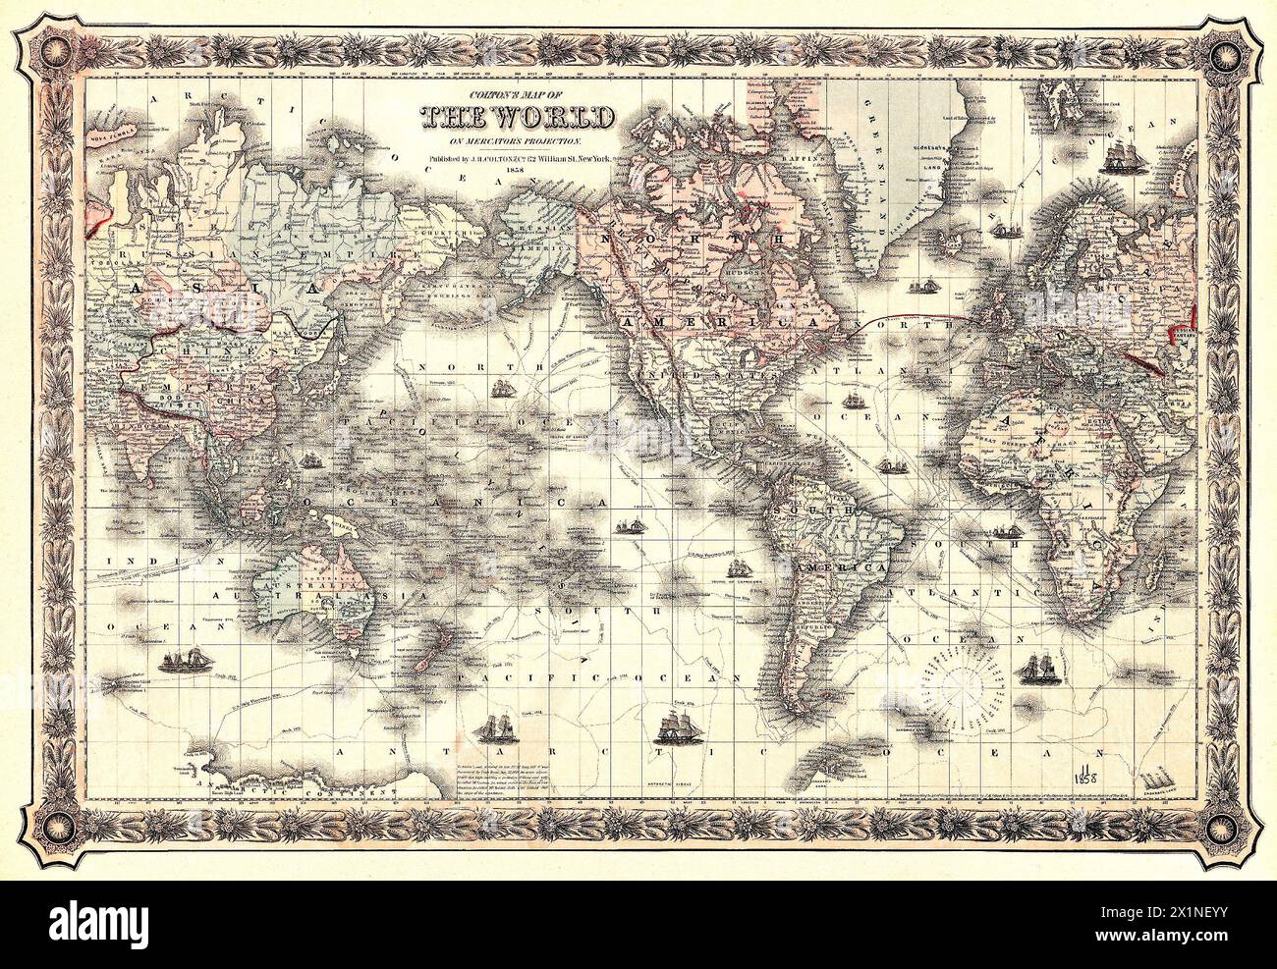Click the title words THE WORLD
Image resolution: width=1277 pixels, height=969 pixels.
519,117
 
